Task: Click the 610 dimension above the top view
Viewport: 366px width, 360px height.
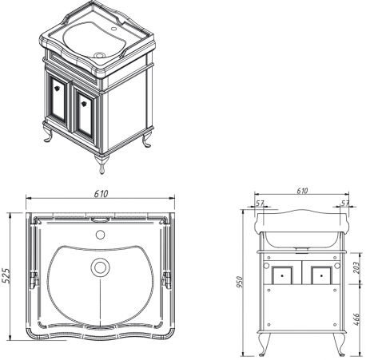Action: [101, 193]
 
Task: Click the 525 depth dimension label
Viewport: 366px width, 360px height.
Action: [6, 275]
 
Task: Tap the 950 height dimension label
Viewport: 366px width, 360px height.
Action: [240, 282]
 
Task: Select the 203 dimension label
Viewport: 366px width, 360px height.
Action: [356, 267]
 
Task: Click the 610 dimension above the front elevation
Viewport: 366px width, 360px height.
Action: [302, 191]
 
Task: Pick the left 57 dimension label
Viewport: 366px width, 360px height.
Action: [260, 204]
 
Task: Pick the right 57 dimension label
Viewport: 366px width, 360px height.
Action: [344, 204]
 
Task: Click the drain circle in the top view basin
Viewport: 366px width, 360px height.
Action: [100, 267]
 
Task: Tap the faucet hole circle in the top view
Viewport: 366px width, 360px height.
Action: [100, 235]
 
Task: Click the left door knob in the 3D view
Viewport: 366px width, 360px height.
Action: [57, 89]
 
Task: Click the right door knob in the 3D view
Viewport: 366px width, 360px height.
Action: [84, 103]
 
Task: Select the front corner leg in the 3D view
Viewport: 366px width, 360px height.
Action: [101, 164]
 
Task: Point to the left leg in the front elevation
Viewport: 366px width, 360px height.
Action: [265, 344]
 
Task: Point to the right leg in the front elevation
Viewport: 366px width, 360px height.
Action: [339, 344]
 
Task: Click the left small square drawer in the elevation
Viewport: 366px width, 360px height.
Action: [282, 275]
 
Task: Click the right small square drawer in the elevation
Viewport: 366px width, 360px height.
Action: [321, 275]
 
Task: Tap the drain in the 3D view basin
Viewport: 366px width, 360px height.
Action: [100, 55]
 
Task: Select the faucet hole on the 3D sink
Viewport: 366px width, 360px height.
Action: [114, 28]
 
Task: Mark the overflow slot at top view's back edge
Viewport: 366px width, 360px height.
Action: [100, 220]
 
